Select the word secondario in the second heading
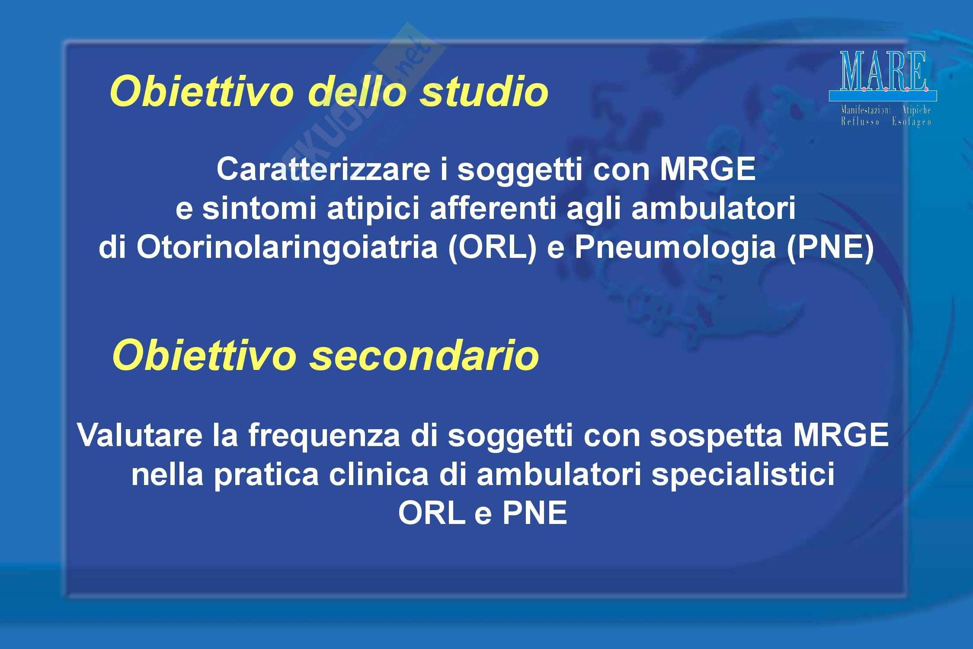(x=423, y=356)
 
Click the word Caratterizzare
(x=323, y=170)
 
